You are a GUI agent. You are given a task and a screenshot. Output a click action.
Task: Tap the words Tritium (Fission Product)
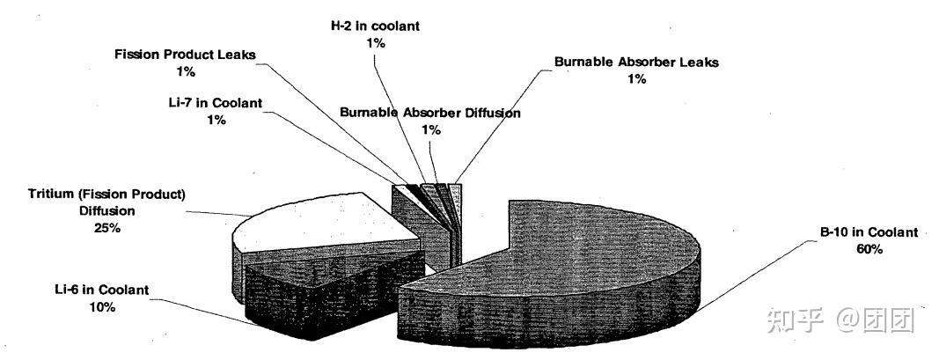(109, 194)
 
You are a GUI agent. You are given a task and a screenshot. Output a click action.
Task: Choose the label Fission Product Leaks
(185, 55)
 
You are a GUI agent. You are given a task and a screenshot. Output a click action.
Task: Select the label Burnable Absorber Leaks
(636, 62)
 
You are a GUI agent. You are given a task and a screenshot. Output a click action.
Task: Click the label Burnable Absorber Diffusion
(430, 113)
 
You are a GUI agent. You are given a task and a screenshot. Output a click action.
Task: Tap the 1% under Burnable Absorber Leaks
(637, 78)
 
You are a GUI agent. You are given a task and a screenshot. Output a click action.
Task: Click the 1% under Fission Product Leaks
(185, 71)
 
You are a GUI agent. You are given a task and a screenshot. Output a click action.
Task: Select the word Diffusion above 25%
(110, 210)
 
